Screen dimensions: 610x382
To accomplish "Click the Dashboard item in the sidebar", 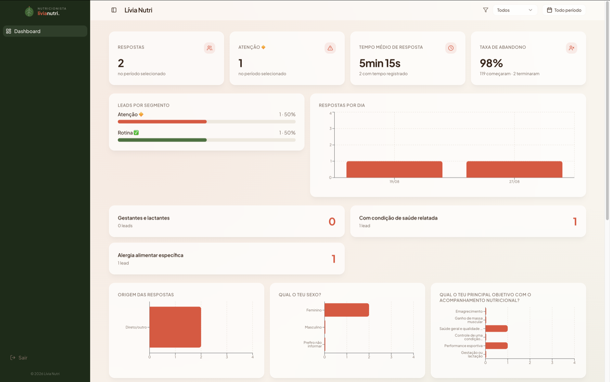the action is (x=45, y=31).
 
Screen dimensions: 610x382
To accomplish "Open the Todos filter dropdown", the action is (x=515, y=10).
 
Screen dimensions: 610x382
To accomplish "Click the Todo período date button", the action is (x=564, y=10).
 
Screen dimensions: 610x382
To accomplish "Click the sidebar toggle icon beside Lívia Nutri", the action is (x=114, y=10).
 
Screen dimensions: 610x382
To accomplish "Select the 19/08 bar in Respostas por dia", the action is (x=394, y=169).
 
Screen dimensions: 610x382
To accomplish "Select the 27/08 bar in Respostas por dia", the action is (x=514, y=169).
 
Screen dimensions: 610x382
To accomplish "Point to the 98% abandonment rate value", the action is (x=491, y=63).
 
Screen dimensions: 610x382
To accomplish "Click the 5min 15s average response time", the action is (x=380, y=63).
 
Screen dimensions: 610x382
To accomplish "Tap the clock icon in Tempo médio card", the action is (x=451, y=48).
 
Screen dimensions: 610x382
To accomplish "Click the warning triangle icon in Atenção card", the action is (x=330, y=48).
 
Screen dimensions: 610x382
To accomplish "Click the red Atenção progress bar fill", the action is (x=162, y=121).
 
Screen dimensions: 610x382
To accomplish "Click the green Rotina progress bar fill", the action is (x=162, y=140).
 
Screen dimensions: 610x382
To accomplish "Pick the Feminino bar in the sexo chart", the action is (x=347, y=310).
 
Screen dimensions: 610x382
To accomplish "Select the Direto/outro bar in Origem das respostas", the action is (x=175, y=327).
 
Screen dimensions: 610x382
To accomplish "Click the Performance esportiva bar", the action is (x=496, y=345).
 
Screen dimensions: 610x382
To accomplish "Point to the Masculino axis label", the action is (x=313, y=327).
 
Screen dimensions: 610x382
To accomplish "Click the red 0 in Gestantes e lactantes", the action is (x=332, y=221).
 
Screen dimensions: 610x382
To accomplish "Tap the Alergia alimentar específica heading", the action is (x=150, y=255).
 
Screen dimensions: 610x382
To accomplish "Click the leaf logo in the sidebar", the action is (x=29, y=11).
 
